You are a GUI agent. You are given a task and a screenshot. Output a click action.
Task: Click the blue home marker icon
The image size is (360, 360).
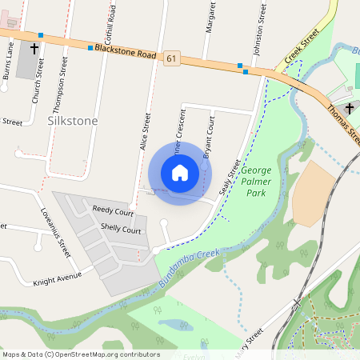[x=180, y=172]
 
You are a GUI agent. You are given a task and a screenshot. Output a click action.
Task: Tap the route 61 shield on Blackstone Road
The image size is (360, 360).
[x=172, y=58]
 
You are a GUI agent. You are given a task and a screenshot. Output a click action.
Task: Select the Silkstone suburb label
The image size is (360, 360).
[x=72, y=121]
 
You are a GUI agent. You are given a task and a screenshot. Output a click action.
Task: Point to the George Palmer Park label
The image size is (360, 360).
[x=257, y=182]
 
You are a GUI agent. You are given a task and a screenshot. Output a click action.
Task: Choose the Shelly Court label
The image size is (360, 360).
[x=121, y=230]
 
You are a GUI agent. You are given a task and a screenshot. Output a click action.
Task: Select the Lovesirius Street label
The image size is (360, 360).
[x=55, y=232]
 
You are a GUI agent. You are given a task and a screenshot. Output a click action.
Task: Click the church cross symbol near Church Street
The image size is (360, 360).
[x=34, y=49]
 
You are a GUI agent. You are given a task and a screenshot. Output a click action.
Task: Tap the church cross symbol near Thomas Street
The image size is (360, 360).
[x=348, y=108]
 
